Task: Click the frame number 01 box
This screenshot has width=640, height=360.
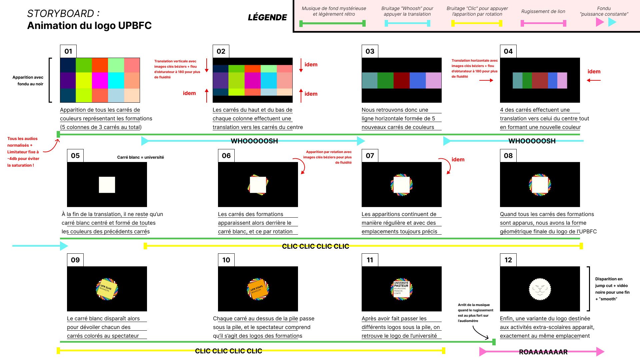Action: tap(68, 51)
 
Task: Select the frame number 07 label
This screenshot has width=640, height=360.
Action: tap(370, 156)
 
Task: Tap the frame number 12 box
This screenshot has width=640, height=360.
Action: tap(508, 260)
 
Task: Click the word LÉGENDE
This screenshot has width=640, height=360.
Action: tap(267, 17)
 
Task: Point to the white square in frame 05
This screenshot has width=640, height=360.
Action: tap(107, 185)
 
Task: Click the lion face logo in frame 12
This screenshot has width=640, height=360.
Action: tap(540, 289)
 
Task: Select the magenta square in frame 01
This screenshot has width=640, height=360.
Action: tap(100, 80)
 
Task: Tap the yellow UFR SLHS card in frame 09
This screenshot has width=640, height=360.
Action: tap(107, 289)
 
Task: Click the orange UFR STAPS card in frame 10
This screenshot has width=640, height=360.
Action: tap(258, 289)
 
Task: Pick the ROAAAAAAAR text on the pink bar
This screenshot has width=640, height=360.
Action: tap(543, 352)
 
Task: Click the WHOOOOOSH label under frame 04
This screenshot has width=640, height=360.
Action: tap(532, 141)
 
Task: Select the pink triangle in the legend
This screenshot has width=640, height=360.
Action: tap(600, 22)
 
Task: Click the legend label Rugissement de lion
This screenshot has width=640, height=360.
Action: tap(543, 11)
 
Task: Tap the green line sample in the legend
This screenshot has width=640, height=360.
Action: tap(332, 23)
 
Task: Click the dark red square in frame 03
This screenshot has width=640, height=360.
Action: tap(401, 80)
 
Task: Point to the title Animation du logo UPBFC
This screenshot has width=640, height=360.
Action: tap(89, 26)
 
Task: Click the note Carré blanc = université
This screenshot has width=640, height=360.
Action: tap(140, 157)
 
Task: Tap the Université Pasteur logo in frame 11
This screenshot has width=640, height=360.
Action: tap(401, 289)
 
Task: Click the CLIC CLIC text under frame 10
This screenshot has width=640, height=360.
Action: tap(229, 351)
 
